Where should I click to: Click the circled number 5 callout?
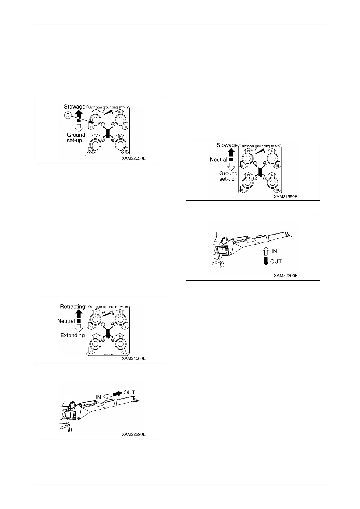click(68, 115)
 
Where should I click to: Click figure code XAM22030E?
click(134, 158)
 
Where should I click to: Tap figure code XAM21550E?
click(286, 196)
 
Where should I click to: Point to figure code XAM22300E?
click(286, 276)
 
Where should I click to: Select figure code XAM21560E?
click(134, 358)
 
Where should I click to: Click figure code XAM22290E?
click(134, 434)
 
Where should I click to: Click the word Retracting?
click(73, 306)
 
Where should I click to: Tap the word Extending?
click(73, 335)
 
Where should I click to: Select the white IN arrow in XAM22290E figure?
click(107, 395)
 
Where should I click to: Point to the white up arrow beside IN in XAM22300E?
click(266, 251)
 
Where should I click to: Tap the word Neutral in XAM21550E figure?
click(219, 160)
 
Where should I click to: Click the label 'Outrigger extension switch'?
click(108, 307)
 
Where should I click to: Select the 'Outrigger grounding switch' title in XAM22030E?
click(108, 107)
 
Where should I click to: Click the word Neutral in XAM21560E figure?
click(66, 321)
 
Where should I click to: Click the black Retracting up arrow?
click(79, 314)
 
